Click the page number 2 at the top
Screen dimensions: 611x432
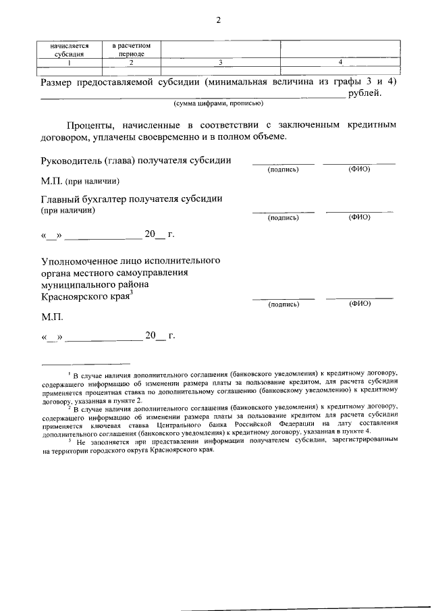pyautogui.click(x=218, y=20)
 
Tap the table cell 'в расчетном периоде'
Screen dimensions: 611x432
pyautogui.click(x=131, y=49)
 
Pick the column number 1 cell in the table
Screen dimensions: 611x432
pyautogui.click(x=70, y=63)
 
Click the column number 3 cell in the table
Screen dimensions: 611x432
pyautogui.click(x=221, y=63)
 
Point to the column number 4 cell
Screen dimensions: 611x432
pyautogui.click(x=340, y=63)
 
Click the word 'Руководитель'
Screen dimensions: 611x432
pyautogui.click(x=72, y=160)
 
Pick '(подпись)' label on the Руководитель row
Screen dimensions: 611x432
pyautogui.click(x=283, y=169)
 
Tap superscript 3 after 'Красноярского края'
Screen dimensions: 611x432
pyautogui.click(x=132, y=292)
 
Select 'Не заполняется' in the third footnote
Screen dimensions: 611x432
pyautogui.click(x=98, y=441)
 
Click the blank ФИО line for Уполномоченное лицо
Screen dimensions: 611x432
pyautogui.click(x=359, y=298)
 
